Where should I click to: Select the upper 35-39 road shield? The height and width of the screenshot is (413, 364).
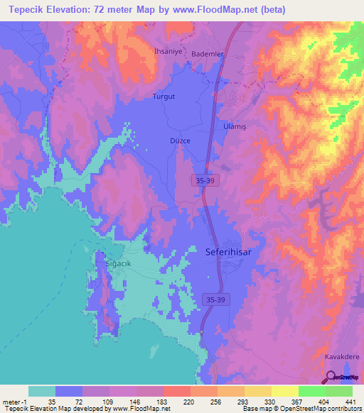click(x=204, y=182)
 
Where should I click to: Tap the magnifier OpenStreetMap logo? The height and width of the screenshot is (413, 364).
click(x=332, y=378)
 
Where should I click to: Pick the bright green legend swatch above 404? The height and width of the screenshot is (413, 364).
click(x=312, y=391)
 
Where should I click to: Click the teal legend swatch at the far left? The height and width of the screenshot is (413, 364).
click(x=42, y=391)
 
